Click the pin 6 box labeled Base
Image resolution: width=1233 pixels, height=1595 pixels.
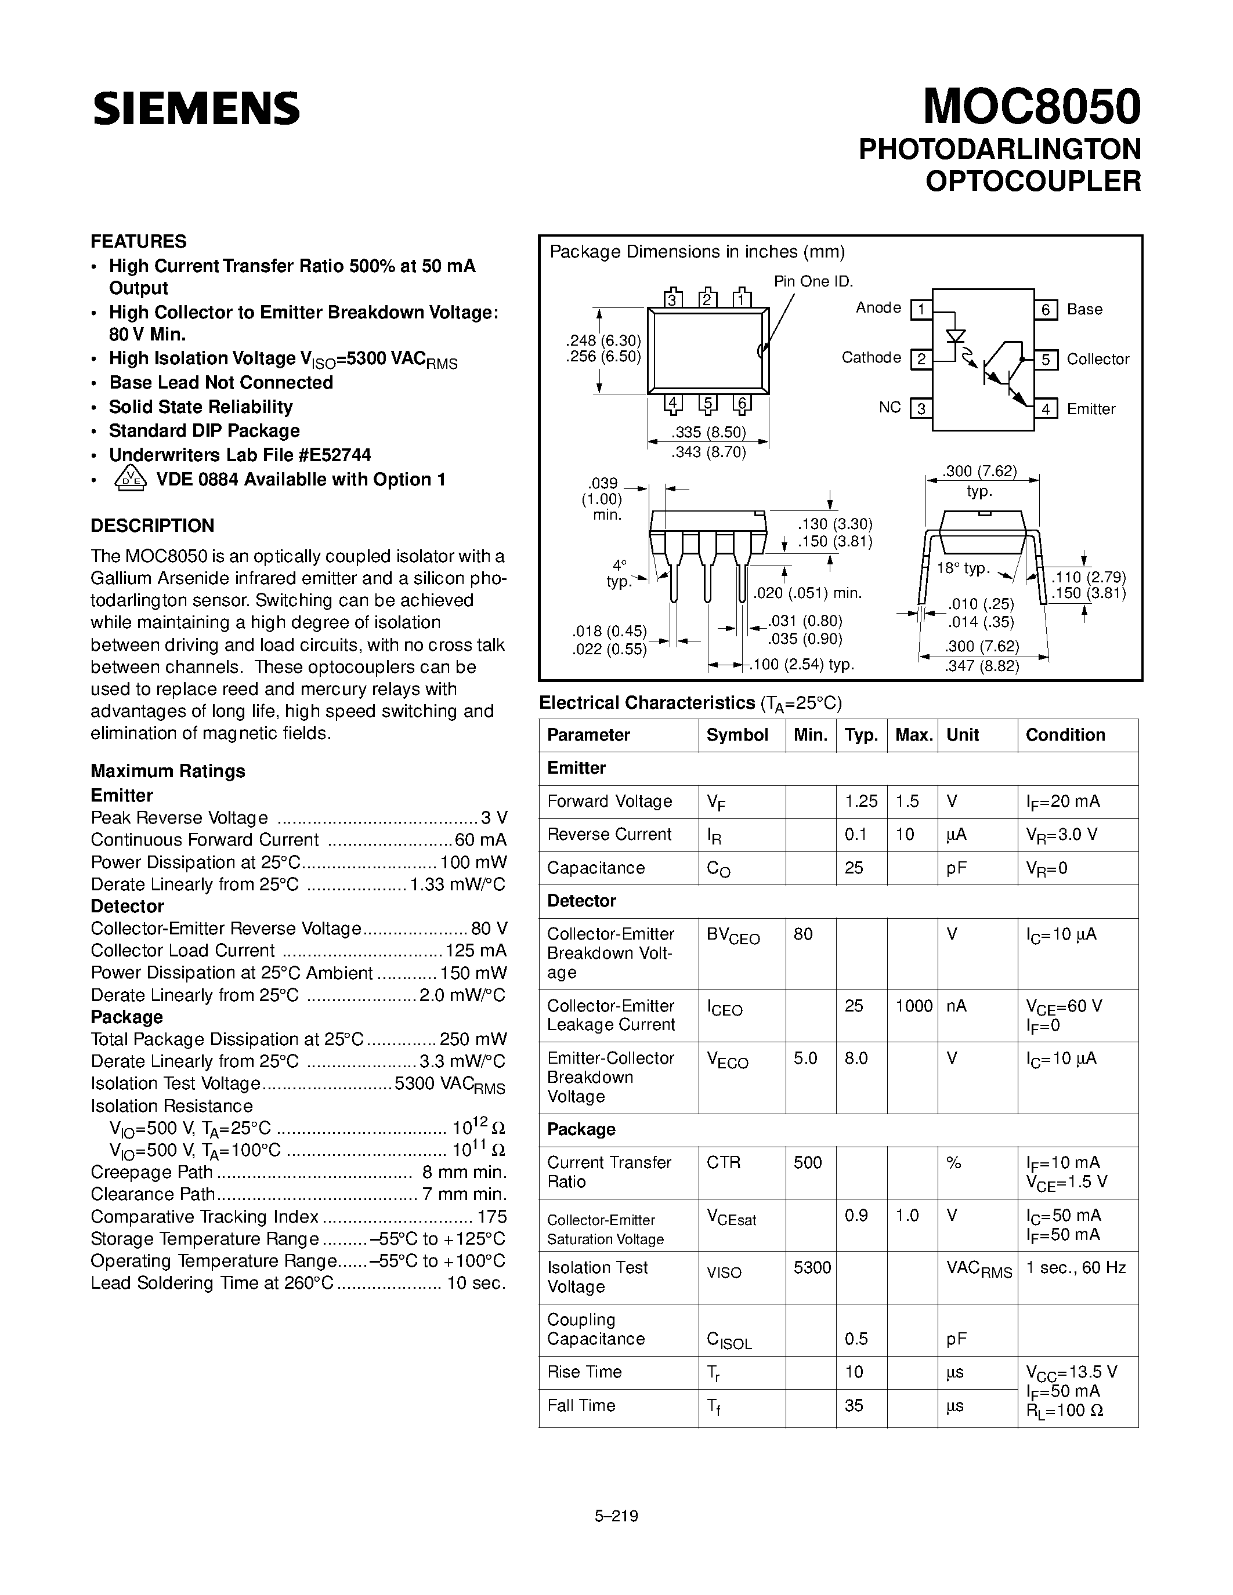(1045, 310)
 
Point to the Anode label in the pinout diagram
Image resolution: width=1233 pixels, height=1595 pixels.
(878, 307)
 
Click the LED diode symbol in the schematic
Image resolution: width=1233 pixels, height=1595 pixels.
(956, 336)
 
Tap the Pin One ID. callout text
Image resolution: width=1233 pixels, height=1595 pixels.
(813, 282)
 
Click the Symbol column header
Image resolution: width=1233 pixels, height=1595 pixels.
(737, 735)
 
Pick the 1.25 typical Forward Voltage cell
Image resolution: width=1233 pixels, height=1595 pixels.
(860, 801)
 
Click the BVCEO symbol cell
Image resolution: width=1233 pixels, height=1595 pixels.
(733, 936)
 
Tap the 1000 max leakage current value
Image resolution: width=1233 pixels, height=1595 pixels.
(914, 1006)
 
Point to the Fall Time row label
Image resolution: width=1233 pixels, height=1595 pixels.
(581, 1405)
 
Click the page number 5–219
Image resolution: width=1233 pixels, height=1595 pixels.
(616, 1516)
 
